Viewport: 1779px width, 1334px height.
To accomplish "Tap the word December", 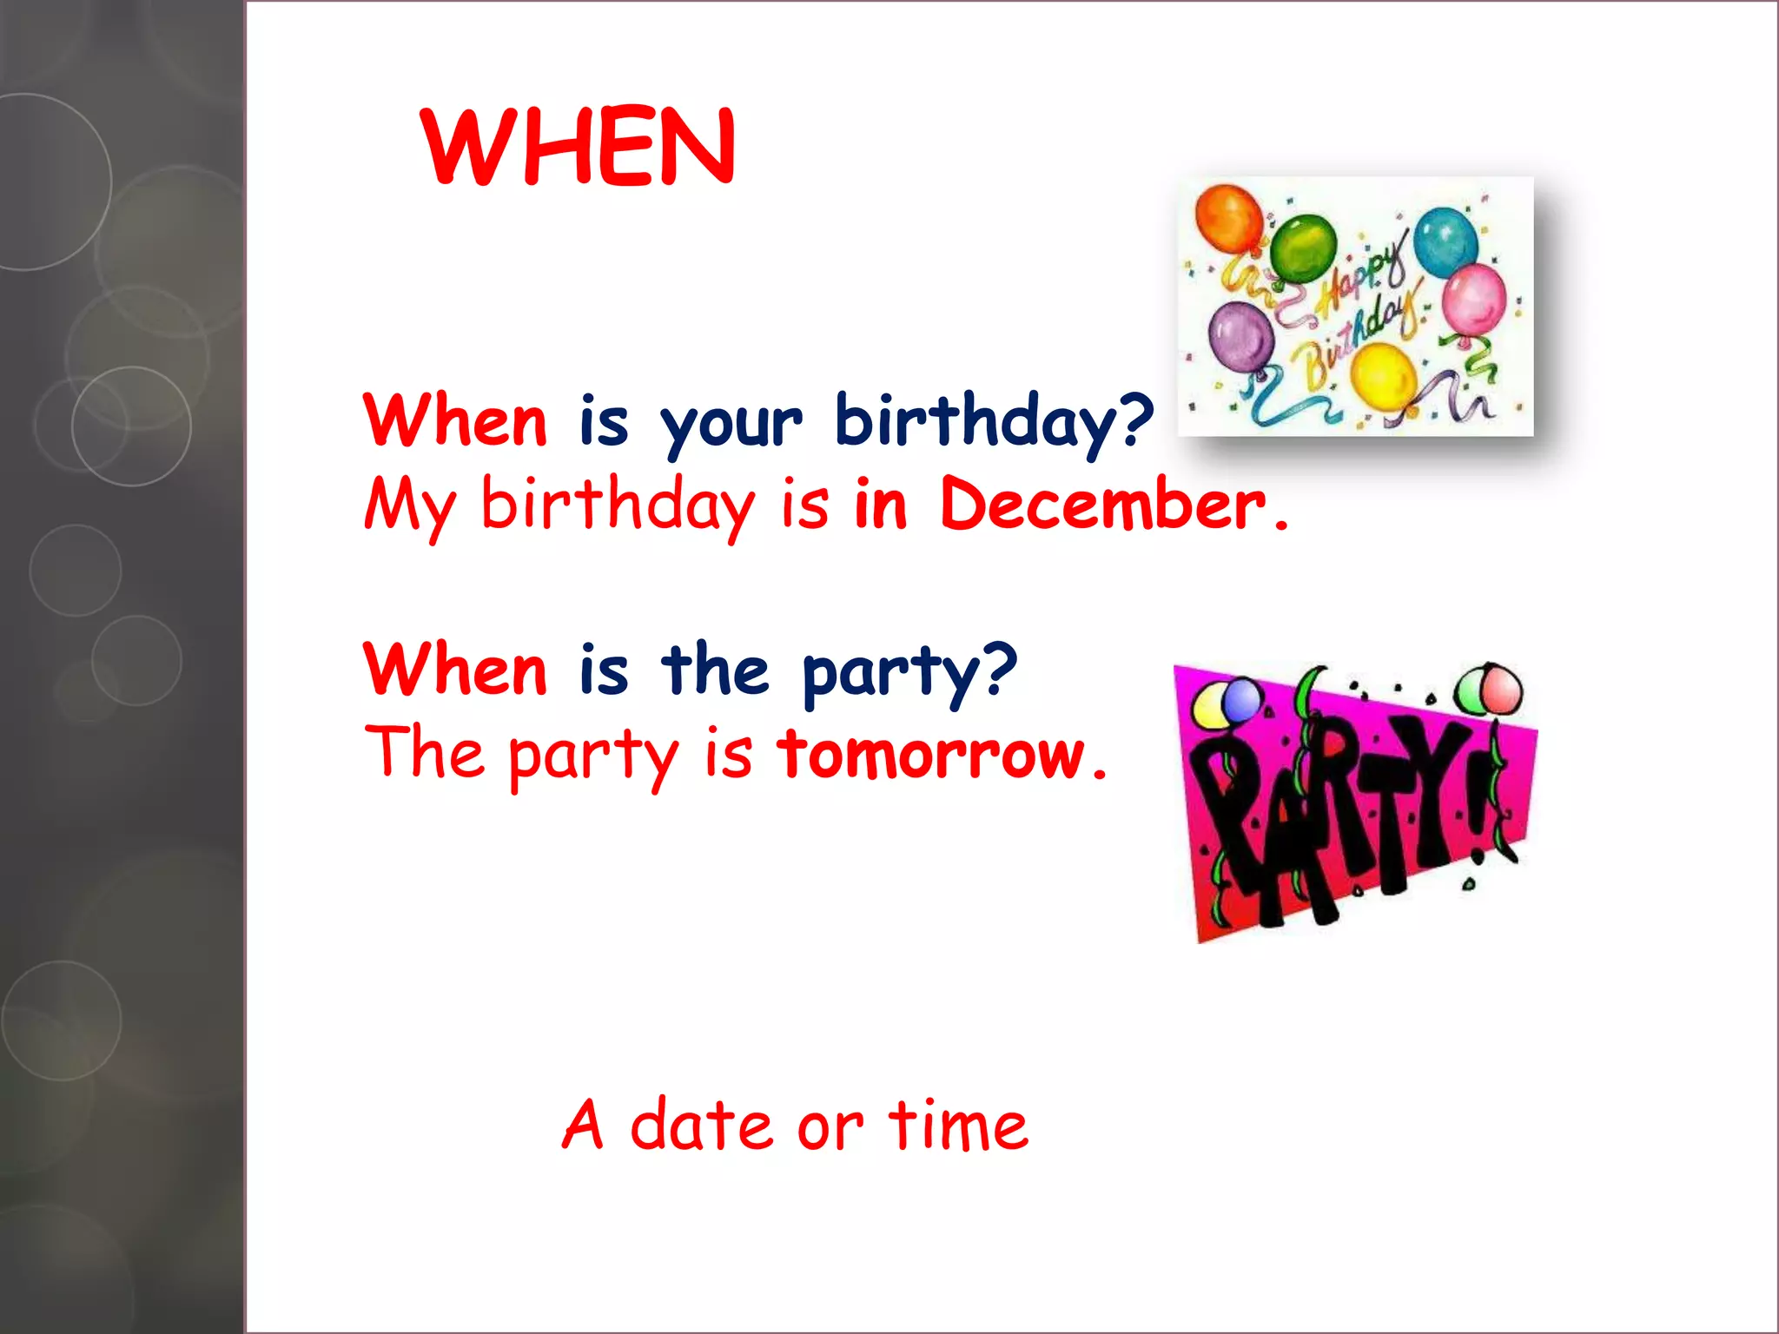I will [x=1103, y=505].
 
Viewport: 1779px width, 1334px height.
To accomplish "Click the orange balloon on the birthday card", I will [x=1228, y=218].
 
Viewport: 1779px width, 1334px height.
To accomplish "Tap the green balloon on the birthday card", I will [x=1303, y=248].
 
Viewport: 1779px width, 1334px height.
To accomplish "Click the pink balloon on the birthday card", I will [x=1474, y=298].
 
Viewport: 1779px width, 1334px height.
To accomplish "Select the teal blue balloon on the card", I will [x=1445, y=241].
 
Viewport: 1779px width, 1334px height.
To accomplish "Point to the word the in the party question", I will [x=714, y=670].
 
